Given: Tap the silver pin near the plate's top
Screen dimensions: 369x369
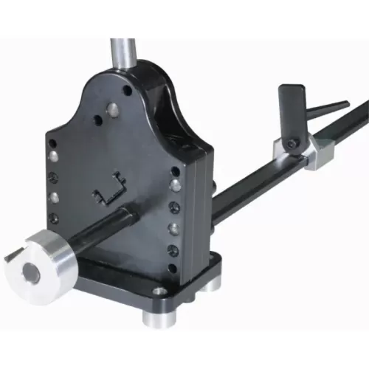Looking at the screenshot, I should point(112,110).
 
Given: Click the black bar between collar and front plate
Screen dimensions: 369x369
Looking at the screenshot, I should point(96,232).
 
